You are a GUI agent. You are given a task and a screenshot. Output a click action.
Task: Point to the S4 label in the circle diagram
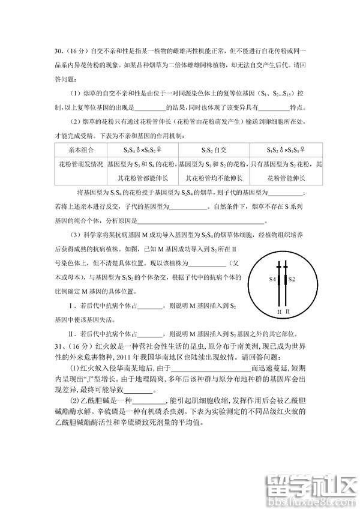(x=272, y=279)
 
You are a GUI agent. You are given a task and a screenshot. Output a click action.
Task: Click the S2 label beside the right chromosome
(x=292, y=279)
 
